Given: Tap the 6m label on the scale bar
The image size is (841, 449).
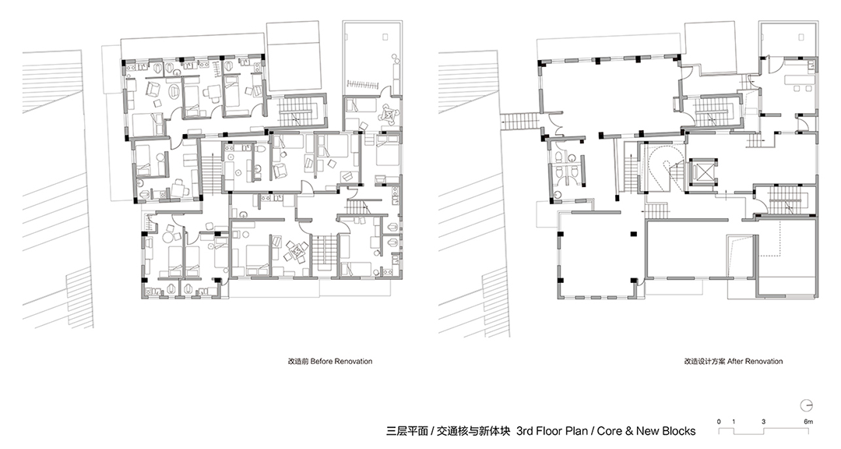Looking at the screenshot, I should click(808, 421).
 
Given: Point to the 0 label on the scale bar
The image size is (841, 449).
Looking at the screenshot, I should click(720, 421).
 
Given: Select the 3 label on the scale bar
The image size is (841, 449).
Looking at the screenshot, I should click(764, 421).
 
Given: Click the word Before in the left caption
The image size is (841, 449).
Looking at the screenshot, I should click(322, 362).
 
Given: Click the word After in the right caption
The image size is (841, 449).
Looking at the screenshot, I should click(737, 362).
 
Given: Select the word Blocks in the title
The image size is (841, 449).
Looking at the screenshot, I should click(676, 430).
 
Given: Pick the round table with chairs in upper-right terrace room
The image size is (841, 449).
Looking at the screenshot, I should click(385, 115).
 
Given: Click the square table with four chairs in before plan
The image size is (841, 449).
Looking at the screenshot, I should click(293, 252).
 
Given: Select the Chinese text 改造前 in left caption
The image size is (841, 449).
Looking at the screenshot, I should click(298, 362).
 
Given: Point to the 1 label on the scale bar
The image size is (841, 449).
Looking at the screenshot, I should click(734, 421).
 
